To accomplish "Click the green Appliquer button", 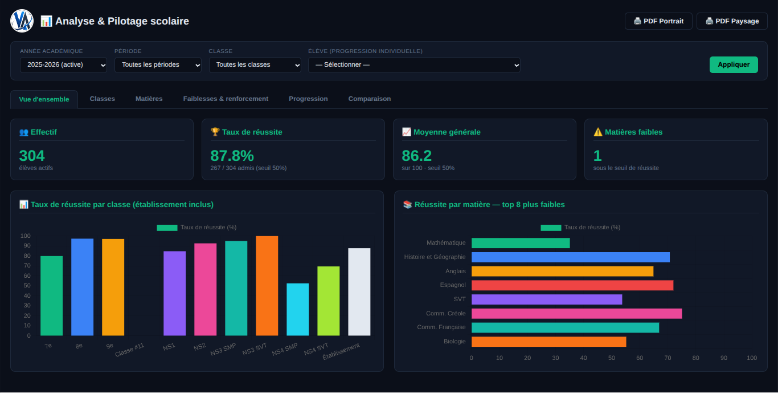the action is (x=734, y=64).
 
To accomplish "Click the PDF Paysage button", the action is (x=732, y=21).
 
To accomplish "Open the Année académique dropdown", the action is (x=63, y=65).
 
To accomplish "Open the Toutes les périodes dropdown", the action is (x=158, y=65).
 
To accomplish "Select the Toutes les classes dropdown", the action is (x=255, y=65).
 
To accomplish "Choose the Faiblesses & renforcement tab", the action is (x=226, y=99).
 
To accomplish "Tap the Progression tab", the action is (x=309, y=99).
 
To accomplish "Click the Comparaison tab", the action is (x=370, y=99).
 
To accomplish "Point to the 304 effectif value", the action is (x=32, y=156).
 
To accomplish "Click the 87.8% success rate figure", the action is (x=232, y=156).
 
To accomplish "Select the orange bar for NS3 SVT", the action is (x=267, y=286).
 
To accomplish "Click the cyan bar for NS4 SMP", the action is (x=298, y=310).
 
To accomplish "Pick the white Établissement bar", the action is (x=359, y=292).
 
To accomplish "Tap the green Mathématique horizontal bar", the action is (x=521, y=243).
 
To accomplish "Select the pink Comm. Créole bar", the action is (x=576, y=314).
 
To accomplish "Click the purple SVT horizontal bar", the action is (x=547, y=299).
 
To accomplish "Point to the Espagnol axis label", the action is (x=453, y=285).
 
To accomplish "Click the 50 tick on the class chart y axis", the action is (x=27, y=286).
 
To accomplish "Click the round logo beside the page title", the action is (x=22, y=21).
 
